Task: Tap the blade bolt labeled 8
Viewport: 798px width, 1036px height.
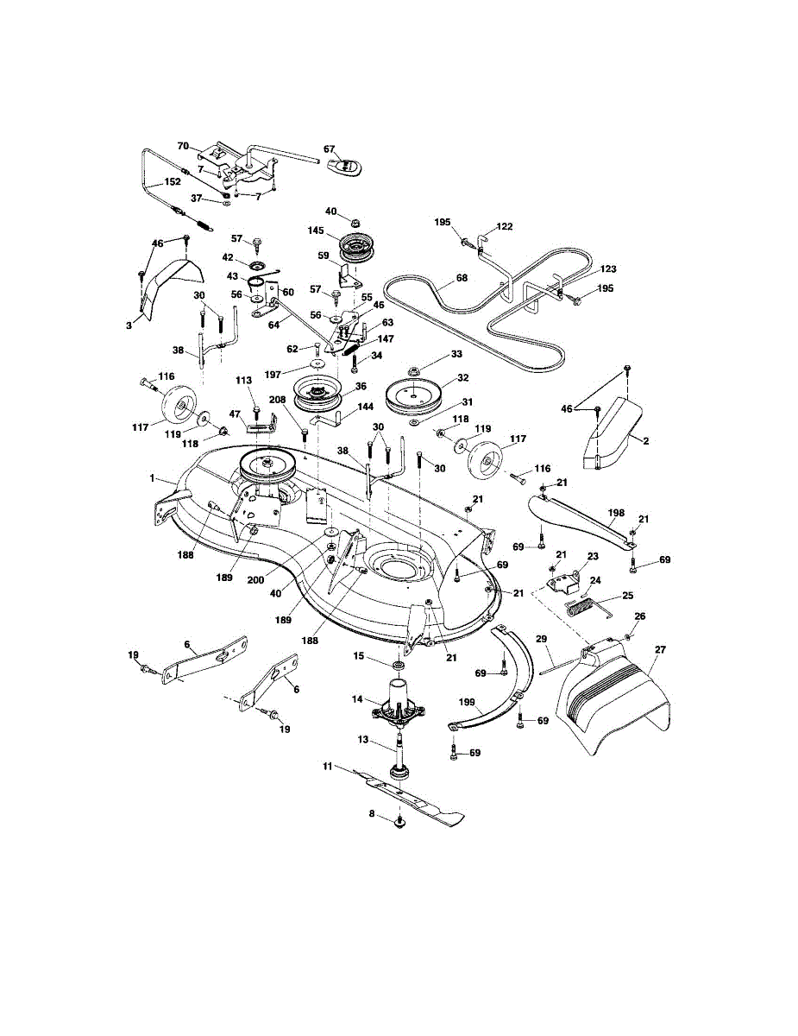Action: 399,824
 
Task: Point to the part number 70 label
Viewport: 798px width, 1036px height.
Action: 183,146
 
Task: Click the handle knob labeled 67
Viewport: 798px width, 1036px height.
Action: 346,164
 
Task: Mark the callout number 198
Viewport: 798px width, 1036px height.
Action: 615,513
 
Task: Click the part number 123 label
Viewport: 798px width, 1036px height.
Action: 584,269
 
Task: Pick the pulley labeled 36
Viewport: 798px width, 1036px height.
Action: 316,399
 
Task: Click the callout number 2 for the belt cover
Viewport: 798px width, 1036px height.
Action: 646,439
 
